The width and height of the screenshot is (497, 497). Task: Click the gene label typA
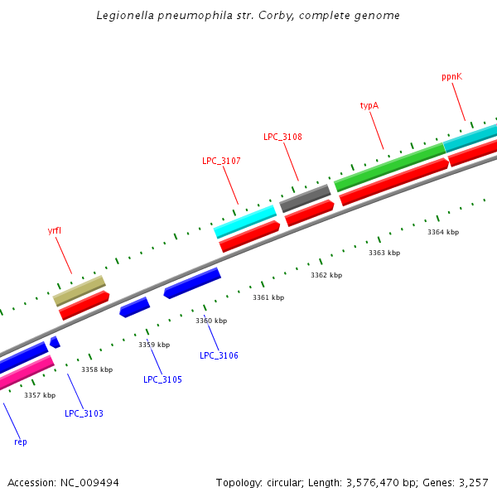point(369,106)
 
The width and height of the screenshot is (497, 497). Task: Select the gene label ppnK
point(451,76)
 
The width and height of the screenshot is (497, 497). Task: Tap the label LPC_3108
point(282,137)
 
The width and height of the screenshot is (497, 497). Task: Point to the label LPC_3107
point(221,161)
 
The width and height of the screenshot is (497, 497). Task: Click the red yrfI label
point(55,230)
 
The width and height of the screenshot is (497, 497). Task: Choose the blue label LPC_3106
point(219,355)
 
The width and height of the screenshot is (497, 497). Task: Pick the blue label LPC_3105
point(162,379)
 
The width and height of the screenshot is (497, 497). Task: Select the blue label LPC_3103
point(84,413)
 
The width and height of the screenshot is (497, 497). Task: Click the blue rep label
point(21,442)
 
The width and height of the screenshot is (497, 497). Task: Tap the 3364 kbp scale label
point(442,232)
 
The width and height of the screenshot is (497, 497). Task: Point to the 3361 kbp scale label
point(268,297)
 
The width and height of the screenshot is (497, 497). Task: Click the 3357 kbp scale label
point(40,395)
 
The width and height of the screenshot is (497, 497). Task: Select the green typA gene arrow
point(389,167)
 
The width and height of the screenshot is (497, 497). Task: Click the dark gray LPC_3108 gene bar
point(305,198)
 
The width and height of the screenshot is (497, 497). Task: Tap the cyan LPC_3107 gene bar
point(244,220)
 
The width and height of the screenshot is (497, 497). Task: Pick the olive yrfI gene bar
point(80,291)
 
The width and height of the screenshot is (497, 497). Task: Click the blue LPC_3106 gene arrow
point(192,282)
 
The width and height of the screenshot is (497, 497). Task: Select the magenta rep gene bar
point(26,374)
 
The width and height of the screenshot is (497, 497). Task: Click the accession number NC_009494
point(89,482)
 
